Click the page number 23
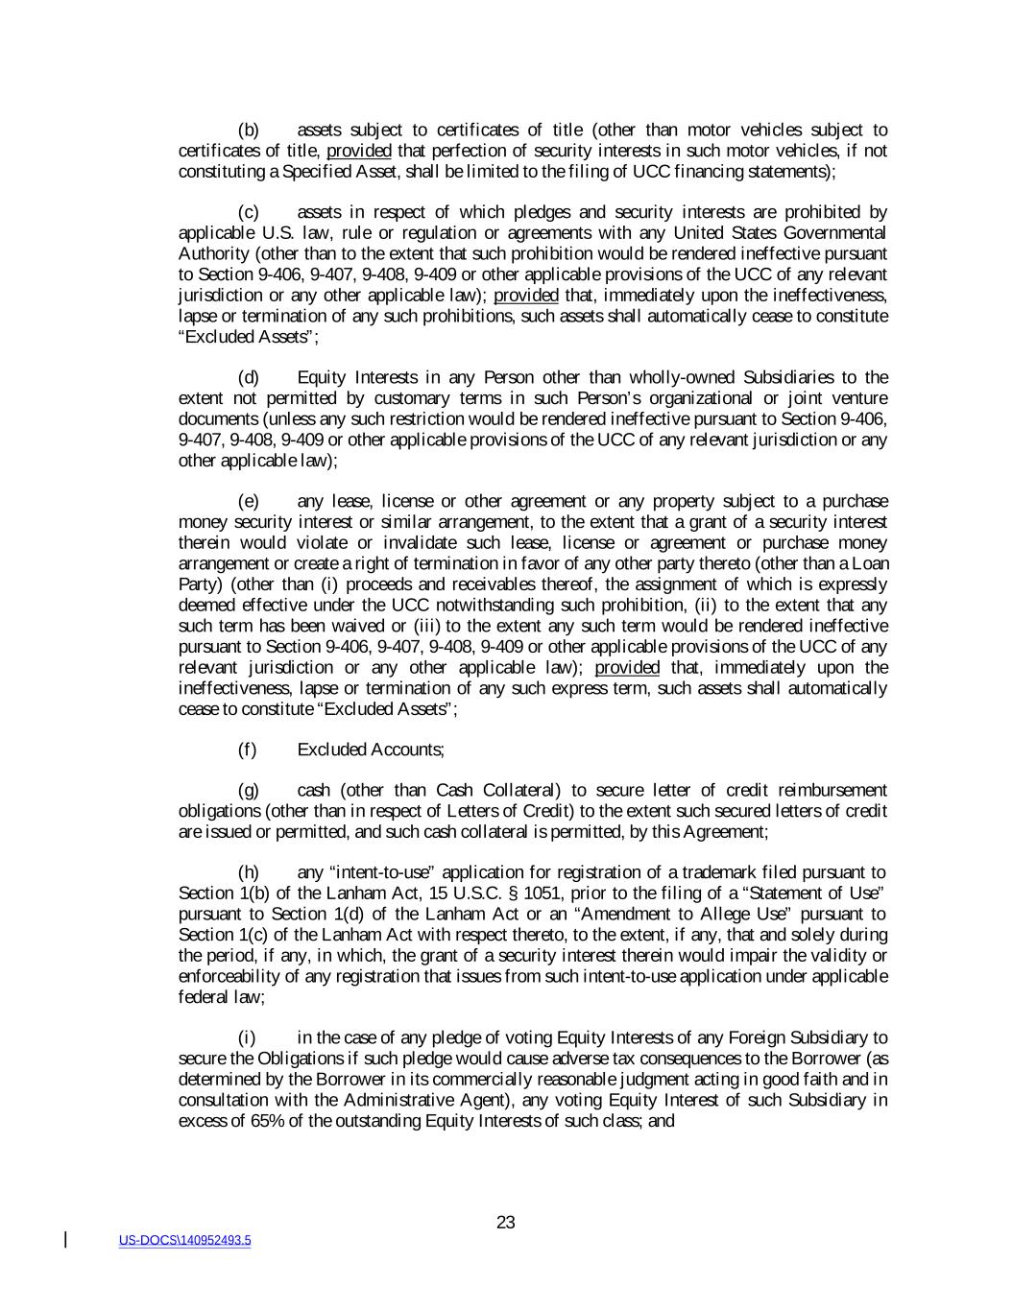click(506, 1223)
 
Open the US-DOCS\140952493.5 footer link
click(185, 1241)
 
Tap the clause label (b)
click(249, 131)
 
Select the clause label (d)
click(249, 377)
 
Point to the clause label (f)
click(248, 750)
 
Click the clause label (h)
click(249, 872)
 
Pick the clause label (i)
click(247, 1037)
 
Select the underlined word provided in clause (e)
click(627, 668)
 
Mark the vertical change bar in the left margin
click(65, 1240)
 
